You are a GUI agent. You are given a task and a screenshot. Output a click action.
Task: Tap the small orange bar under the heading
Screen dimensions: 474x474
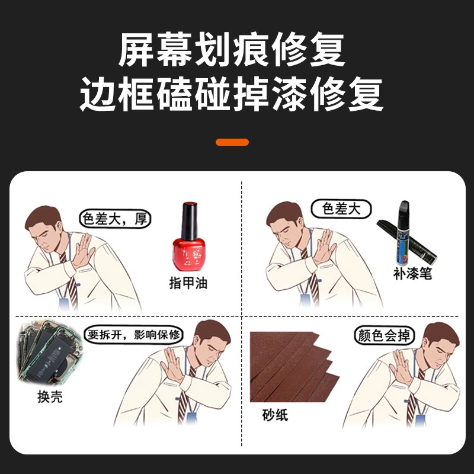[x=232, y=142]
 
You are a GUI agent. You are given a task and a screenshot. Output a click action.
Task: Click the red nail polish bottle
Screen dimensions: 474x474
[x=188, y=249]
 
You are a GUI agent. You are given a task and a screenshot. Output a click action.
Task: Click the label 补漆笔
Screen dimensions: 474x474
[x=412, y=273]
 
